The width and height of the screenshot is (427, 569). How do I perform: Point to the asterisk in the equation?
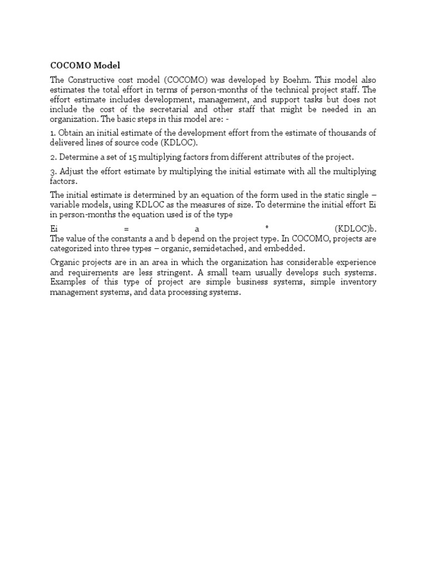coord(267,229)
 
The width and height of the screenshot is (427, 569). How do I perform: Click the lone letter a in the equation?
coord(197,229)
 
